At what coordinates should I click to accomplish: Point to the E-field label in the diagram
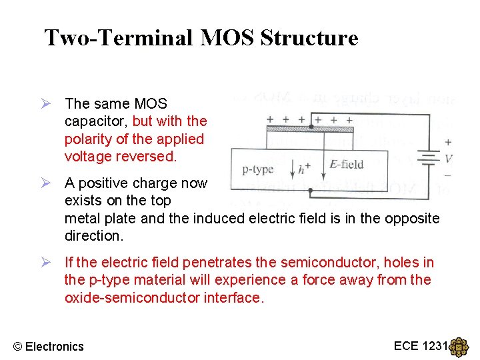346,165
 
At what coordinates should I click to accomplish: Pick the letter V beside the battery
449,159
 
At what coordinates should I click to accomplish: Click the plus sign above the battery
447,142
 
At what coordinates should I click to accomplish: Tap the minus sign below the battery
447,175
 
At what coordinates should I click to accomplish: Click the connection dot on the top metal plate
311,126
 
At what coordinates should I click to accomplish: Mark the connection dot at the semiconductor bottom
311,189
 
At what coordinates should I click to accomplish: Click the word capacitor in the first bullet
96,121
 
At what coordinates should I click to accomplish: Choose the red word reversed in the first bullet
153,157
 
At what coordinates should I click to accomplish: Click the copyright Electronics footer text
49,346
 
